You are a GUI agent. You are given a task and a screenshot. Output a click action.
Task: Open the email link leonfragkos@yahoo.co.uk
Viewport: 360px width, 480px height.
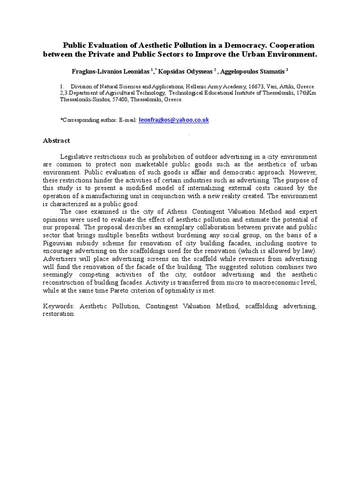[x=174, y=120]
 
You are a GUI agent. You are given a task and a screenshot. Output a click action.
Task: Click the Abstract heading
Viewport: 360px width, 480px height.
[x=56, y=140]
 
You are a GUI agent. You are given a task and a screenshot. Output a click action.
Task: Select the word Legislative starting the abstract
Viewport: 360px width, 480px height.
[x=77, y=157]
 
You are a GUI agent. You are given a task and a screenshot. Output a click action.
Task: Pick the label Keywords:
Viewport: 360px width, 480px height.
[x=59, y=306]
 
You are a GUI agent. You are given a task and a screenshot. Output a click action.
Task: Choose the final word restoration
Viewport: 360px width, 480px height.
[x=58, y=314]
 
